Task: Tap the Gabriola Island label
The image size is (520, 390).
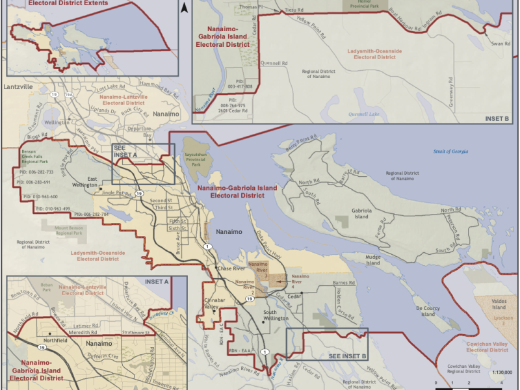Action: [x=361, y=214]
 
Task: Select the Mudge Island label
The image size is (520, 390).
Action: [x=372, y=261]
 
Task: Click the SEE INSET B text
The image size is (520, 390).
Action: [x=348, y=356]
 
